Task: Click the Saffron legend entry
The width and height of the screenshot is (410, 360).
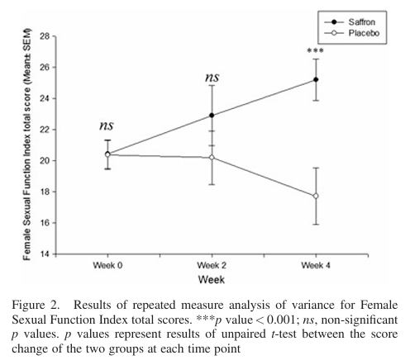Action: click(x=350, y=22)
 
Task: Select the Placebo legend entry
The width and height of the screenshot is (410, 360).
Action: click(x=352, y=33)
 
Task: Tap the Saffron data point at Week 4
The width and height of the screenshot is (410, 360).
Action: click(x=316, y=79)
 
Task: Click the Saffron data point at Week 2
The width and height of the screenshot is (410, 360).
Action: click(x=212, y=115)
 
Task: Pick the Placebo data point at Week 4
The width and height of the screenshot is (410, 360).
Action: click(x=316, y=196)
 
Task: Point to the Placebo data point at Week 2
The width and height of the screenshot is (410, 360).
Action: click(x=212, y=158)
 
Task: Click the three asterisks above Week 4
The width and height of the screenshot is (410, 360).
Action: click(x=315, y=50)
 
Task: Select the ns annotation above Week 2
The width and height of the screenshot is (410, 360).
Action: click(x=212, y=78)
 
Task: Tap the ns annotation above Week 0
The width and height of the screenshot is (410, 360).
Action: click(x=107, y=126)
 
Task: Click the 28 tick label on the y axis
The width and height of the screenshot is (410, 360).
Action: click(x=45, y=36)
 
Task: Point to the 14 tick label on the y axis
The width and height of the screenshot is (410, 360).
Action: click(x=45, y=253)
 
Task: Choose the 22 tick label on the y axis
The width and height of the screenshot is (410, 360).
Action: click(x=45, y=130)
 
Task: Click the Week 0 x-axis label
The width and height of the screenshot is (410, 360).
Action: click(x=107, y=265)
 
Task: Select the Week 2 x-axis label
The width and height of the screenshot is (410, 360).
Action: click(x=212, y=265)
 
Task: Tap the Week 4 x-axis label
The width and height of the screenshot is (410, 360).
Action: click(x=316, y=265)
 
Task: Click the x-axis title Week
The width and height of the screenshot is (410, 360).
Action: click(x=212, y=280)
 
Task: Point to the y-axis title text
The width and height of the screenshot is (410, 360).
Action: click(x=26, y=144)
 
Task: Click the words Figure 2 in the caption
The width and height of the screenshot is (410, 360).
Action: click(x=36, y=306)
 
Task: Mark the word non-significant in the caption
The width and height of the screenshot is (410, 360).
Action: click(x=360, y=320)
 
